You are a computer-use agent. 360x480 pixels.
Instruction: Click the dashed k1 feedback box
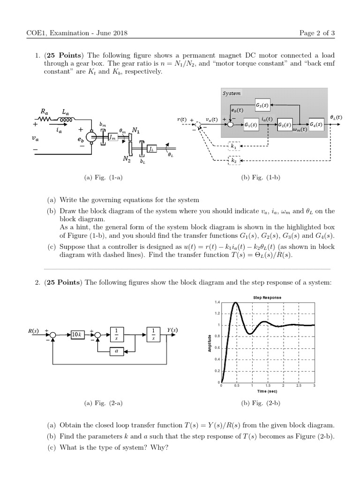tap(233, 146)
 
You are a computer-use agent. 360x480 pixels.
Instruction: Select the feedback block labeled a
tap(117, 350)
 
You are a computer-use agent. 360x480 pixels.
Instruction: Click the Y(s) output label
tap(172, 330)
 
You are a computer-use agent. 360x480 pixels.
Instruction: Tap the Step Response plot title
tap(267, 298)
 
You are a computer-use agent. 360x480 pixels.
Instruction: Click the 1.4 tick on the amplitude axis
tap(217, 302)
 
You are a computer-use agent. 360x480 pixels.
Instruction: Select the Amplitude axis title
tap(210, 343)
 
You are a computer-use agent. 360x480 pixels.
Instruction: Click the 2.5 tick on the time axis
tap(299, 385)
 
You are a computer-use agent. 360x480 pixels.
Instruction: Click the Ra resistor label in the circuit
tap(45, 112)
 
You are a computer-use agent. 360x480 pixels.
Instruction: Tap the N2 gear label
tap(127, 159)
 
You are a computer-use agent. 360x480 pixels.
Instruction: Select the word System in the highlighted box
tap(232, 93)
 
